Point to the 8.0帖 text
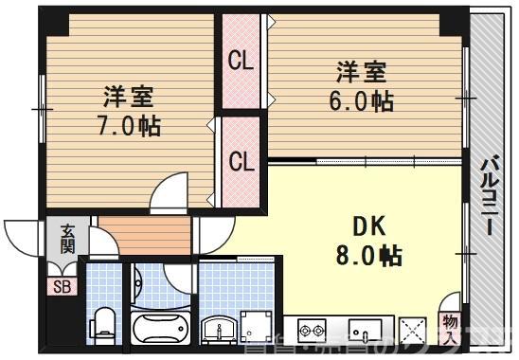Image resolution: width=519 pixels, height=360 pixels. (369, 256)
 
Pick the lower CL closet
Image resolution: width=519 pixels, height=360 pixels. (242, 161)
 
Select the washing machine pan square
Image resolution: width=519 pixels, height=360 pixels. (257, 332)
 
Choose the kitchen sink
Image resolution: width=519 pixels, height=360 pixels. (365, 332)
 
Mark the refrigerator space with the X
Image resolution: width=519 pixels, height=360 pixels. (414, 332)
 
